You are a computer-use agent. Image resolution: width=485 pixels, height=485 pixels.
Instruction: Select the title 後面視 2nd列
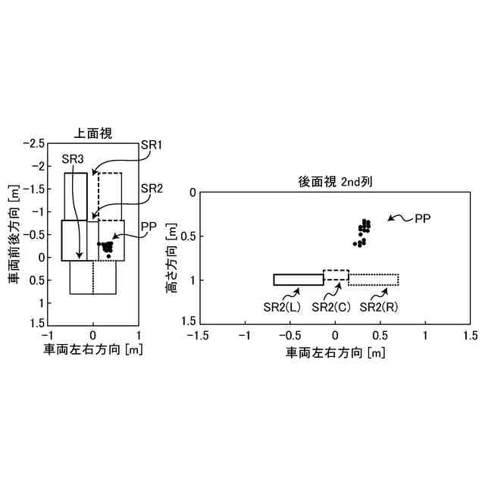coord(334,182)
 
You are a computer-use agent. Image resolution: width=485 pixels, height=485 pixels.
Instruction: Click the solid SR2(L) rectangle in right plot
coord(298,280)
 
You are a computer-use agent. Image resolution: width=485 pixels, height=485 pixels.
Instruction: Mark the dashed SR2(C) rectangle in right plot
coord(336,276)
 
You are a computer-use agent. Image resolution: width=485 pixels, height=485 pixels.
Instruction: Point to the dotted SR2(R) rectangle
coord(374,280)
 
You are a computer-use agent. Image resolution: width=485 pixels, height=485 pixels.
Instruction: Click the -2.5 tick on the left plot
coord(34,143)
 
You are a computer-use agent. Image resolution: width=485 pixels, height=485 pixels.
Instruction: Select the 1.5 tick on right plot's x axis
coord(471,334)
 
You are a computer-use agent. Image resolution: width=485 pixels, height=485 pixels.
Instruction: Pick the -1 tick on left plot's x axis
coord(48,334)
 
